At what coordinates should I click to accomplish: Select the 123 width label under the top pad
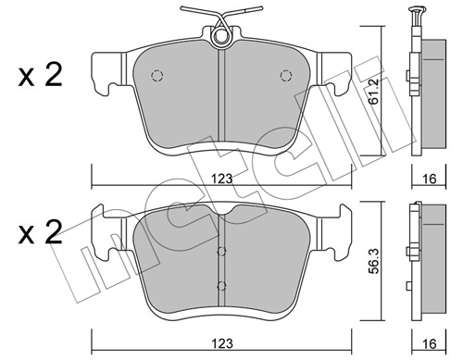[221, 179]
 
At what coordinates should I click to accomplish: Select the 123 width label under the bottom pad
[222, 343]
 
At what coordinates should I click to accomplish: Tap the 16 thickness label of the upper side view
[429, 179]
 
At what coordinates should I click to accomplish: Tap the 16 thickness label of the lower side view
[429, 343]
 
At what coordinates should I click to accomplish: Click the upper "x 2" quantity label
[41, 75]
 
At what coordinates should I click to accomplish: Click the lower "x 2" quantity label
[41, 233]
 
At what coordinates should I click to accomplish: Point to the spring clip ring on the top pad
[220, 36]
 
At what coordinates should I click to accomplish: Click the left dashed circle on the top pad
[157, 75]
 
